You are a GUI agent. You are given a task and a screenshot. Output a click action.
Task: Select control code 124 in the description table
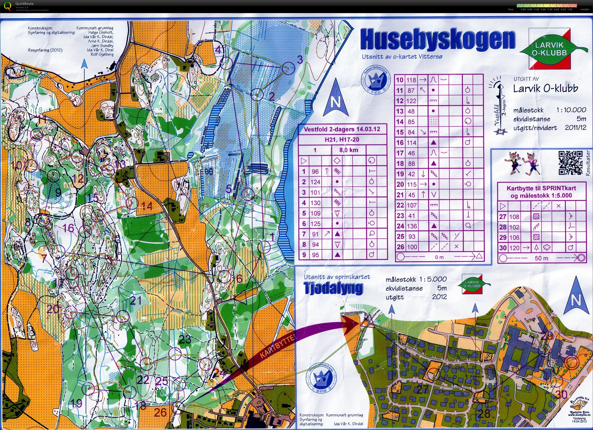point(315,182)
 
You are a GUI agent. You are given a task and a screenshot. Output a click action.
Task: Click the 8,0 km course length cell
point(349,150)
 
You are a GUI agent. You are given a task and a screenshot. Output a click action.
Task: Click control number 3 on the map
point(300,60)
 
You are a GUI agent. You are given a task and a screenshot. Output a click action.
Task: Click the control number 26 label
point(160,413)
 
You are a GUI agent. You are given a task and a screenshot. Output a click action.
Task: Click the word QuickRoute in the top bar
point(24,4)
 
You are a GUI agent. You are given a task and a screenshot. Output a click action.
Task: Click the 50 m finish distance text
point(541,258)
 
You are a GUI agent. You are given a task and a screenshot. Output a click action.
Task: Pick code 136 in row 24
point(412,226)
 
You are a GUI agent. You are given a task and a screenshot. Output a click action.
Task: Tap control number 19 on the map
point(76,403)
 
